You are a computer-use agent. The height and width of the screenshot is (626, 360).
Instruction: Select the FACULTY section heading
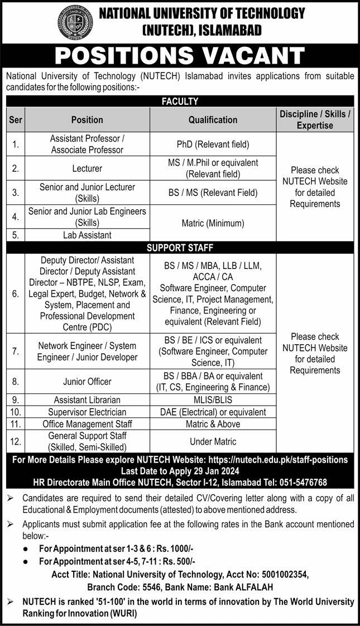coord(180,101)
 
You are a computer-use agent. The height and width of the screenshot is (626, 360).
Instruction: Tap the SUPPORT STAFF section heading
coord(180,247)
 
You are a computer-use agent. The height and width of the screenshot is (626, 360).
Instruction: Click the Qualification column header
coord(213,119)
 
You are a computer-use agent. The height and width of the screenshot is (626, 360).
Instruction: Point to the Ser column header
coord(15,119)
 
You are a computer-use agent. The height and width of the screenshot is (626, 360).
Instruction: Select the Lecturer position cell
coord(87,168)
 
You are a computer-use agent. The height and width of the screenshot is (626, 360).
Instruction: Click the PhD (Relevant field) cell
coord(213,145)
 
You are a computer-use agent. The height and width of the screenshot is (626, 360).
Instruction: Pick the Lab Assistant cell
coord(87,235)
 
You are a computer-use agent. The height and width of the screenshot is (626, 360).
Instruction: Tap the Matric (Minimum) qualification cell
coord(213,223)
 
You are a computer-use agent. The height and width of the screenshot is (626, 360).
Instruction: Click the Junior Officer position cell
coord(87,382)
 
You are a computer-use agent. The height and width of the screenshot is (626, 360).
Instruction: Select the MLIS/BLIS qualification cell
coord(213,400)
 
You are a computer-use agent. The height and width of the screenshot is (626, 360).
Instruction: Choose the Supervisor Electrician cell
coord(87,412)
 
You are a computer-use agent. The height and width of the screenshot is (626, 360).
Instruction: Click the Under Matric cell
coord(213,441)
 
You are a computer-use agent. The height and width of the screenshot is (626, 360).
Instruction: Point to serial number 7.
coord(15,351)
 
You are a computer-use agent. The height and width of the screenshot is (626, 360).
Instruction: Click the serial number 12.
coord(15,441)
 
